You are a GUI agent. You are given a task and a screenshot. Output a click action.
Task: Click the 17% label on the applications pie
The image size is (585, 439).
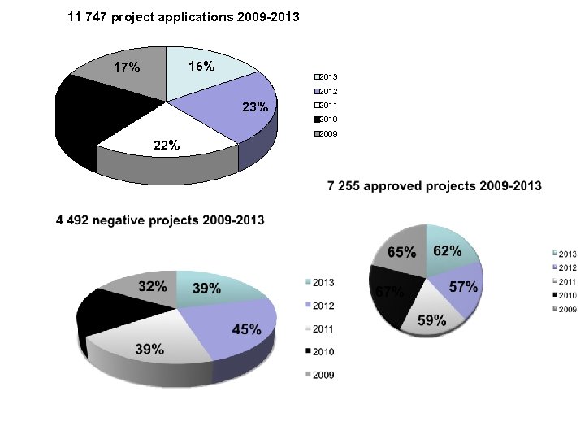pos(126,67)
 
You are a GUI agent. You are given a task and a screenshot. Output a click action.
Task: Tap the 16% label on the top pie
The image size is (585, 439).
pos(201,67)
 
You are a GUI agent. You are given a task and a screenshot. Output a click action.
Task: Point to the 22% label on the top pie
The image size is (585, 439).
pos(167,145)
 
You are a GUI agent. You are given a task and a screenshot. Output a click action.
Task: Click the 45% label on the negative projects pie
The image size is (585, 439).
pos(246,329)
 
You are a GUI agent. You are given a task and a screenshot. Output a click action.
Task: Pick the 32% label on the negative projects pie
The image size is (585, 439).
pos(154,286)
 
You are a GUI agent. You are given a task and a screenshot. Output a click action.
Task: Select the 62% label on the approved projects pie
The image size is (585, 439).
pos(448,250)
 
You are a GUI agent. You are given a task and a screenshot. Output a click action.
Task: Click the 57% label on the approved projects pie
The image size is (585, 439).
pos(463,288)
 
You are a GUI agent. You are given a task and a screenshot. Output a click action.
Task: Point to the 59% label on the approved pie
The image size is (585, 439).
pos(431,320)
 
